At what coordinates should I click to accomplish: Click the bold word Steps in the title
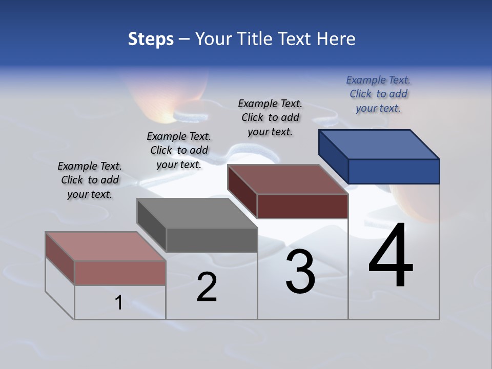coord(151,39)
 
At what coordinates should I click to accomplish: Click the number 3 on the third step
coord(300,272)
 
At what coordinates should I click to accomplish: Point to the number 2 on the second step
coord(207,288)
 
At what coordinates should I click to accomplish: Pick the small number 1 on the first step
coord(119,303)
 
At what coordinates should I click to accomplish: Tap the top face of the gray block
coord(196,213)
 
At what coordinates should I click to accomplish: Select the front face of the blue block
coord(394,171)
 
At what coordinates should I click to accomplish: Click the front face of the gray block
coord(212,240)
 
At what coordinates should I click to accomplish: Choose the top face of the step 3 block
coord(288,179)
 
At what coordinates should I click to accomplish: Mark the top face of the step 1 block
coord(105,247)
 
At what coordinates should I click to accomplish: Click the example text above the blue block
coord(378,94)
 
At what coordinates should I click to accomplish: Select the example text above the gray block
coord(179,150)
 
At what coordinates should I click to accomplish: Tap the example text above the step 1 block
coord(90,180)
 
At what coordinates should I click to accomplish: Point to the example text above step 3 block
coord(270,117)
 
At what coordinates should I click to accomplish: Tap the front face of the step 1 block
coord(120,273)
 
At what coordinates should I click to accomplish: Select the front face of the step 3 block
coord(302,206)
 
